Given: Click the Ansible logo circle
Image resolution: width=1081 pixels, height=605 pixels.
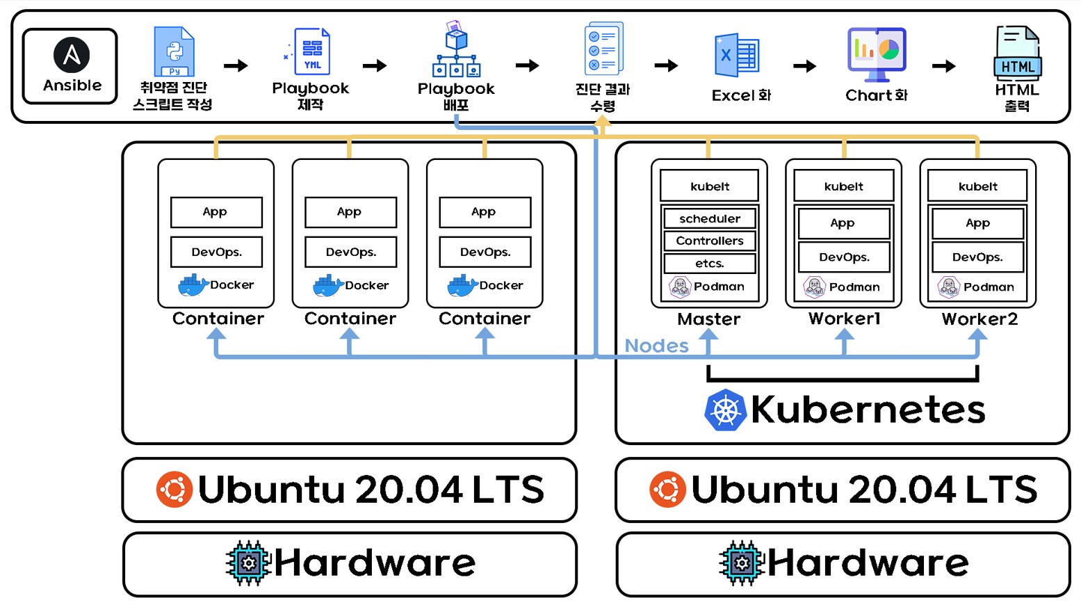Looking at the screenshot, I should (72, 55).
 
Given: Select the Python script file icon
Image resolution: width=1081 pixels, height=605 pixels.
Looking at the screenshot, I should (174, 51).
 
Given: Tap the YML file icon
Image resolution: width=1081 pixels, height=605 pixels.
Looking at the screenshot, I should (311, 51).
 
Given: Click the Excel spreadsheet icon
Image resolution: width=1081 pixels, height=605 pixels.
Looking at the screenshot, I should (736, 56).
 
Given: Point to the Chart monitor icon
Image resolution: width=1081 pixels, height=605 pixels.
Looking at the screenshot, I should (876, 53).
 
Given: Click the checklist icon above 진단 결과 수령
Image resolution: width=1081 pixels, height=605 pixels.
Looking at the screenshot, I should (603, 49).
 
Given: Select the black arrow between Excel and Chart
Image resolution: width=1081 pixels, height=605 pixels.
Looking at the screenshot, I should (804, 66).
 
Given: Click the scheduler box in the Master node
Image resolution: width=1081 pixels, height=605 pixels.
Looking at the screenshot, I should (709, 218).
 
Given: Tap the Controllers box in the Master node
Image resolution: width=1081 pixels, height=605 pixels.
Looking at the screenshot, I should (709, 241).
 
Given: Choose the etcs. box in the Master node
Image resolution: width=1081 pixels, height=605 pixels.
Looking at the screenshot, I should (709, 264).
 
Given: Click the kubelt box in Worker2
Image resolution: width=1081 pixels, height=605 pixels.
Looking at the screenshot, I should (977, 186).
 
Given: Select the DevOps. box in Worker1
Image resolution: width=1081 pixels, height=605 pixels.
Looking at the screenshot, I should (843, 257).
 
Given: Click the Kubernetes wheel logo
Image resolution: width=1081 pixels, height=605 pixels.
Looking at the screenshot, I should (725, 410).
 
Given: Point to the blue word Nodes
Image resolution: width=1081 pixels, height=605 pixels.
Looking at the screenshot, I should (656, 346).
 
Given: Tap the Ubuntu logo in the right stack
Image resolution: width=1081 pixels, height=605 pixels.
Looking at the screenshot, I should (667, 489).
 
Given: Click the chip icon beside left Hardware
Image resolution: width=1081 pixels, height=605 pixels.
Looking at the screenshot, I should (248, 563).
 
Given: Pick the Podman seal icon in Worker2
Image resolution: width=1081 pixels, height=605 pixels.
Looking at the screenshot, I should (948, 287).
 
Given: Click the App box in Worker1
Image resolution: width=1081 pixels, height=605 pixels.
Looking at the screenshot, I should (843, 223).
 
